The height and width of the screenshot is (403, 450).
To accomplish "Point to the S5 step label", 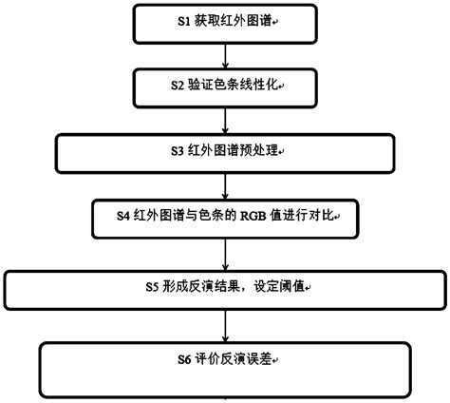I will point(151,285).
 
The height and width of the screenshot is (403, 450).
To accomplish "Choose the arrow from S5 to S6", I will point(226,325).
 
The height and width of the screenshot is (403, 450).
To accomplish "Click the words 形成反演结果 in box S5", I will point(201,285).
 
